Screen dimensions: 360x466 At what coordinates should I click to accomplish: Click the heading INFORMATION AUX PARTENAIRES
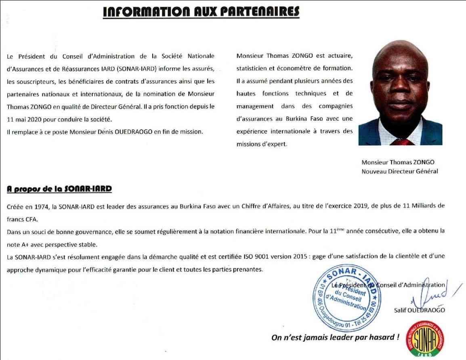pyautogui.click(x=201, y=12)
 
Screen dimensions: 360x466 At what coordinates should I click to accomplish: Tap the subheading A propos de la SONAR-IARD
pyautogui.click(x=59, y=188)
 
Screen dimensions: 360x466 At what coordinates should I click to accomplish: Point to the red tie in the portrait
pyautogui.click(x=402, y=142)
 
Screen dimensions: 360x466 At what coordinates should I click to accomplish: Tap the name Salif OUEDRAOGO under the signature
pyautogui.click(x=419, y=310)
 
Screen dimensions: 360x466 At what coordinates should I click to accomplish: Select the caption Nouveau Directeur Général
pyautogui.click(x=400, y=171)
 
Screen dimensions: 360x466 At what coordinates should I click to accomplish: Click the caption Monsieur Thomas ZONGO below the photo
pyautogui.click(x=398, y=162)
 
